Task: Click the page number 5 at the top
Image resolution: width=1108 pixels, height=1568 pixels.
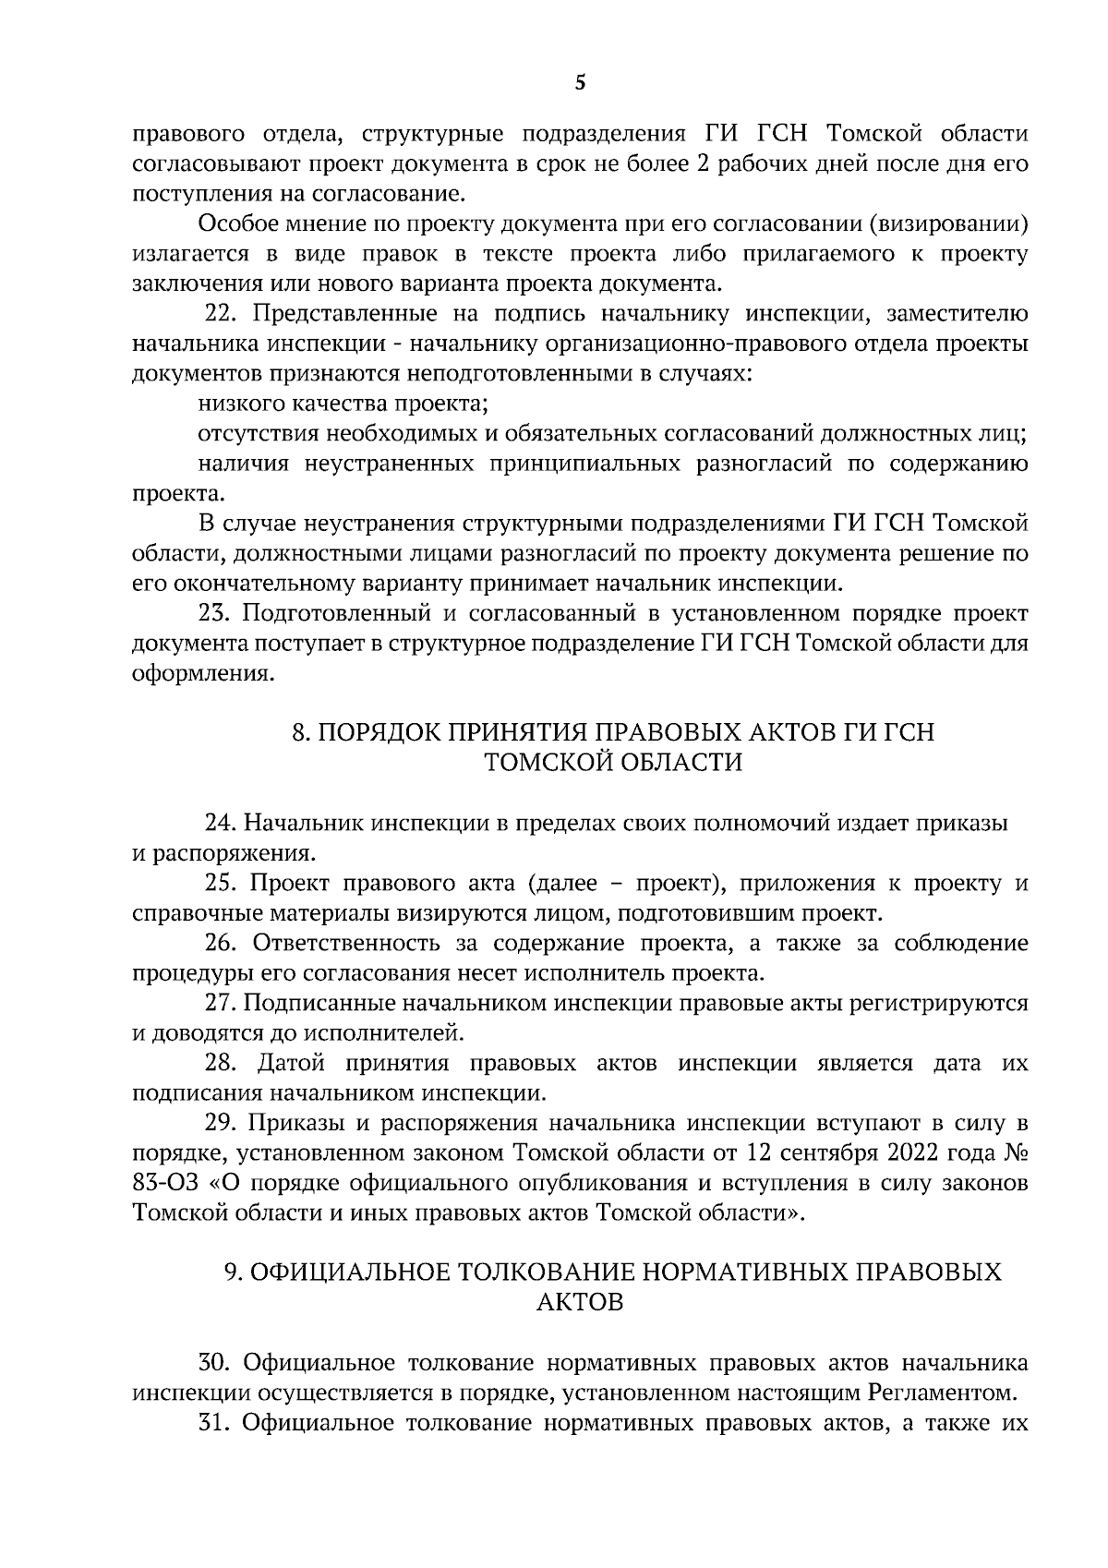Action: (x=580, y=83)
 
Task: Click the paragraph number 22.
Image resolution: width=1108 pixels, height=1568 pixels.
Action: (x=218, y=314)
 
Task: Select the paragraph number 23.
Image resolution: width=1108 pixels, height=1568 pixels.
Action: (x=213, y=613)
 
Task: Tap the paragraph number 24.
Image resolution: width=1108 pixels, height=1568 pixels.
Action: (x=219, y=823)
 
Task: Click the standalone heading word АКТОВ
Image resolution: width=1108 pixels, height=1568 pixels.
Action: (x=579, y=1302)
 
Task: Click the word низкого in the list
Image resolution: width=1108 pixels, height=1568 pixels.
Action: (x=236, y=404)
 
